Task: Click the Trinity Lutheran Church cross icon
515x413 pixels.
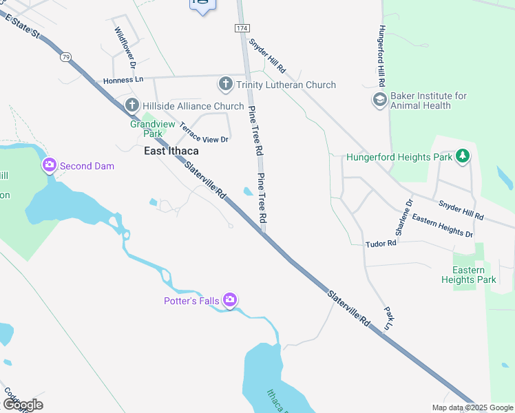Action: pyautogui.click(x=225, y=85)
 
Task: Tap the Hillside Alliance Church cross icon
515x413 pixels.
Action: pyautogui.click(x=132, y=106)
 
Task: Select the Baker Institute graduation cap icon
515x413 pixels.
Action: pyautogui.click(x=379, y=100)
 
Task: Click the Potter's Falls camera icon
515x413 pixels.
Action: pyautogui.click(x=229, y=299)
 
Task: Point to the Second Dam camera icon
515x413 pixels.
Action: pyautogui.click(x=49, y=165)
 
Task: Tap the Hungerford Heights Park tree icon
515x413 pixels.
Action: pyautogui.click(x=463, y=157)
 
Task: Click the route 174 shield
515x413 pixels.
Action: pyautogui.click(x=241, y=28)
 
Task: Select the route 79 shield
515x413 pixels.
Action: pyautogui.click(x=65, y=56)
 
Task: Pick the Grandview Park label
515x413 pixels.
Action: pyautogui.click(x=145, y=129)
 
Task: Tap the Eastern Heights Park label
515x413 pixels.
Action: pyautogui.click(x=474, y=275)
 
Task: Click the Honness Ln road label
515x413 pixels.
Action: pyautogui.click(x=123, y=80)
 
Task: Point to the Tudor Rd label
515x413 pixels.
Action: pyautogui.click(x=381, y=243)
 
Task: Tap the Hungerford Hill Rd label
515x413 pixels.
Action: pyautogui.click(x=380, y=56)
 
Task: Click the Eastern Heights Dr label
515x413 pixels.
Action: pyautogui.click(x=443, y=225)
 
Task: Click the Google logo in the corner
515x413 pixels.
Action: pyautogui.click(x=23, y=405)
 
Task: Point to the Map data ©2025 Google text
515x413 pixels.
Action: pyautogui.click(x=472, y=407)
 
